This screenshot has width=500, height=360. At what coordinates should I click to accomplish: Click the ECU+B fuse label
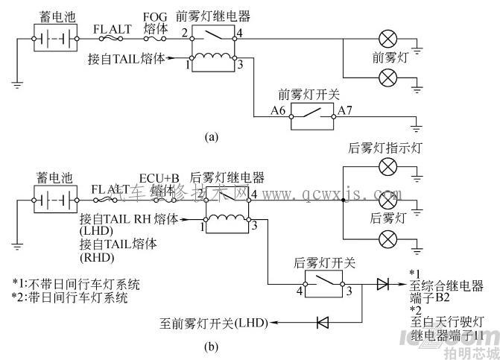pos(159,178)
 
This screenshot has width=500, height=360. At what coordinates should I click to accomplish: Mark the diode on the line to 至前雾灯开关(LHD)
pos(323,323)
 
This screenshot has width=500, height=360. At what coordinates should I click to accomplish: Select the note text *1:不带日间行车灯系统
pos(76,284)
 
